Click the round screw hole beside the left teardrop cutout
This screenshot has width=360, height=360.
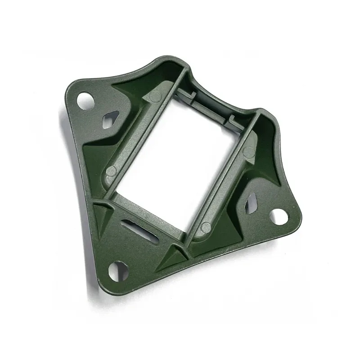tap(84, 100)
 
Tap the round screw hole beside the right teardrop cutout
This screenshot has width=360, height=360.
tap(279, 216)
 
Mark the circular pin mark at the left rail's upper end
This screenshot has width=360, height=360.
tap(154, 96)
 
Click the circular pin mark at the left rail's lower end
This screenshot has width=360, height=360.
tap(111, 171)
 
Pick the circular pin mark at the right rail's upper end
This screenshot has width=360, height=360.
tap(248, 152)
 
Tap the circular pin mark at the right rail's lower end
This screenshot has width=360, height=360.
tap(206, 227)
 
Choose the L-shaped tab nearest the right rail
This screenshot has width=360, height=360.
tap(234, 119)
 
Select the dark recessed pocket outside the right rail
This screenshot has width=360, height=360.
tap(265, 162)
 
